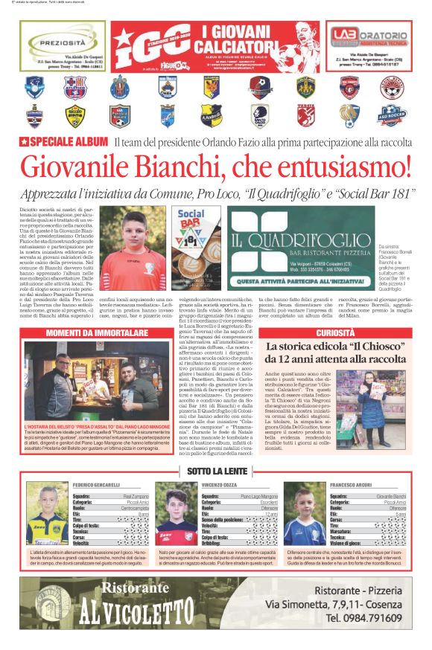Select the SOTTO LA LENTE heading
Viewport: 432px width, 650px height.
[x=215, y=471]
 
